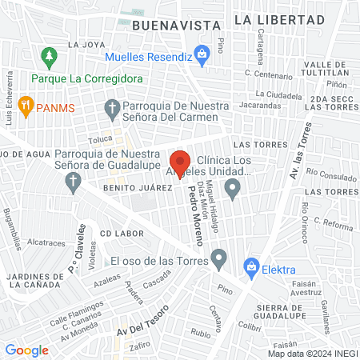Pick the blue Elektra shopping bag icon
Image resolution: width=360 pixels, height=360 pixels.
(x=252, y=265)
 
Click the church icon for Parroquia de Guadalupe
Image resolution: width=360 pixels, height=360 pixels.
(x=74, y=183)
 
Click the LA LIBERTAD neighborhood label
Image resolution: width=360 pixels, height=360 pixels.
(x=279, y=18)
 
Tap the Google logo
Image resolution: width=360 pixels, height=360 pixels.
(x=26, y=350)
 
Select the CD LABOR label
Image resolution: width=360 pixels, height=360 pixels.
(x=122, y=234)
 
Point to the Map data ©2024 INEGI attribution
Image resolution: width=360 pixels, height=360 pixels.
(x=312, y=353)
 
